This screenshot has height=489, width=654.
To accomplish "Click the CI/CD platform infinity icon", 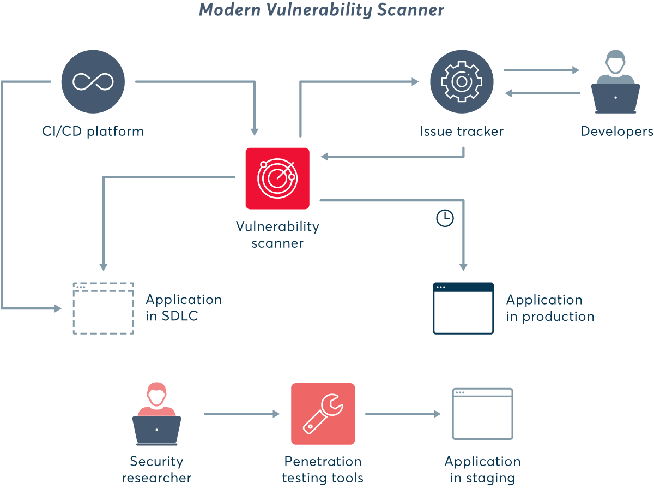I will (93, 81).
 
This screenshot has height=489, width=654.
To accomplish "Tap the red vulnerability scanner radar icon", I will (277, 178).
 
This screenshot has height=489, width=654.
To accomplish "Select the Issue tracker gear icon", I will (462, 81).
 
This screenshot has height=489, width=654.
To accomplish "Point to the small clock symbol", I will (445, 218).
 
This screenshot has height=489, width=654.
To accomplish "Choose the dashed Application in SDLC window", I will (104, 308).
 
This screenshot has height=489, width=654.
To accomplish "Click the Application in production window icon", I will (463, 308).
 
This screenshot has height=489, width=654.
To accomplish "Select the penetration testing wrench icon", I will (323, 414).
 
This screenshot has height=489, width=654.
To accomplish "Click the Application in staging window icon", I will (482, 414).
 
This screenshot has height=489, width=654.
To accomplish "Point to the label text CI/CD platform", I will (93, 132).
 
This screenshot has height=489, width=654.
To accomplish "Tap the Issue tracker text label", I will (462, 132).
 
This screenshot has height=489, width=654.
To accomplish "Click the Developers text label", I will (616, 132).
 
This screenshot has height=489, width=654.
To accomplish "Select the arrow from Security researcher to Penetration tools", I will (241, 414).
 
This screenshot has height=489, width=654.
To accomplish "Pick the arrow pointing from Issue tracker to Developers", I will (541, 70).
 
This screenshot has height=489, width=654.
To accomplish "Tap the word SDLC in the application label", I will (180, 317).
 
